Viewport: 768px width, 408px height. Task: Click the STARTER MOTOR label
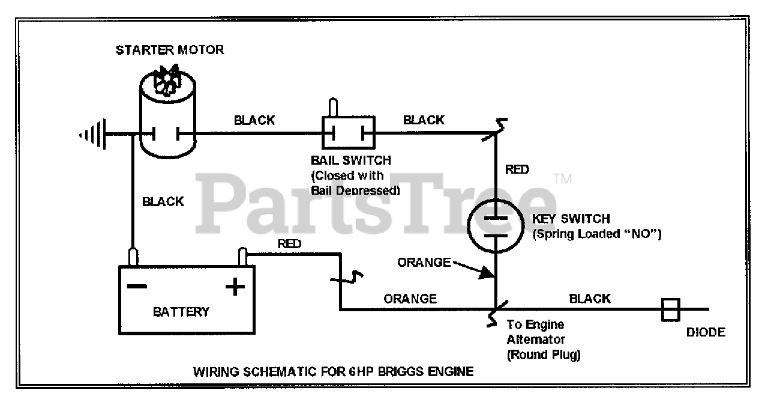170,50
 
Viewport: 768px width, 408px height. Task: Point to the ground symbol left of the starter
93,134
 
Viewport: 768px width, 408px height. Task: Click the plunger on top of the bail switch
333,107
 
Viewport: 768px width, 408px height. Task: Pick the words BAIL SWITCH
351,160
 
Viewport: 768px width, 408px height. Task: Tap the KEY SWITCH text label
571,219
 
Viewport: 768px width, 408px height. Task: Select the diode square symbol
671,310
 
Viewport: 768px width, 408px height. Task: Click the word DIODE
706,332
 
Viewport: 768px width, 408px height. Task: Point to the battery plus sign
235,287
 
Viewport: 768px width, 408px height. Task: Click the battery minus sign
137,286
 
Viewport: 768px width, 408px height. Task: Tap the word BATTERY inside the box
181,312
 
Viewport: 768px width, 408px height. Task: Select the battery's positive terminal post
243,257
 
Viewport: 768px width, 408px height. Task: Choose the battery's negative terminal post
133,257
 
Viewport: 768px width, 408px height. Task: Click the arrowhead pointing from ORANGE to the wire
487,273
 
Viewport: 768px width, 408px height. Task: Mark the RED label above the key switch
517,169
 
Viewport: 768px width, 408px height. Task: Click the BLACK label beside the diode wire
590,299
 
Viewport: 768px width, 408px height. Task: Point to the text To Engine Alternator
536,332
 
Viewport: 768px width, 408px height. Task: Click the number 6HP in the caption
360,371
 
